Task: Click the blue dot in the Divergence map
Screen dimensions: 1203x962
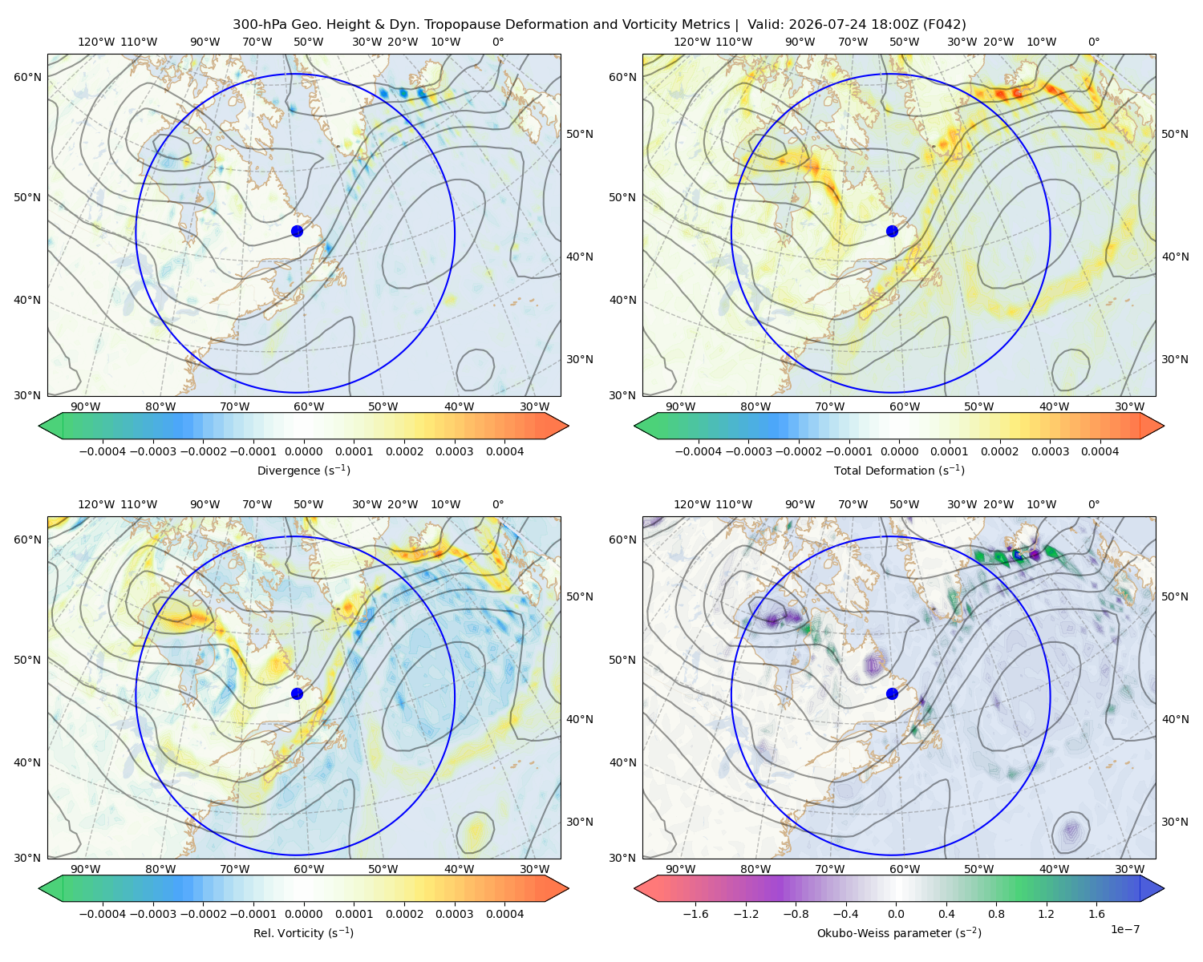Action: pyautogui.click(x=297, y=231)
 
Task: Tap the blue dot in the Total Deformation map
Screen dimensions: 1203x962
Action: pyautogui.click(x=892, y=231)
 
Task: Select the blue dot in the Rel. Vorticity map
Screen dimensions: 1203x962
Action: pyautogui.click(x=297, y=693)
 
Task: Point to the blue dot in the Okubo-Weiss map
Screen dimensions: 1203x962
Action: pyautogui.click(x=892, y=693)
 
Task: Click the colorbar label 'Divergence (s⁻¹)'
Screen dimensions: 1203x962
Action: pyautogui.click(x=303, y=470)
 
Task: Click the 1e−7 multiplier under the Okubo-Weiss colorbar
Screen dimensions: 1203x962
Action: pyautogui.click(x=1124, y=929)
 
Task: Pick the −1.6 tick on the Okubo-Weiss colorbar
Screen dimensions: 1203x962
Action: pyautogui.click(x=695, y=914)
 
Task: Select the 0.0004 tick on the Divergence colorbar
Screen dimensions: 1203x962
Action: pyautogui.click(x=504, y=451)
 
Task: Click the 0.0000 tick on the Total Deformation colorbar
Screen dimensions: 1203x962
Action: pyautogui.click(x=899, y=451)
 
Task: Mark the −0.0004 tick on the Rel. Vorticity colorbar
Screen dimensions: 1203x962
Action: pyautogui.click(x=103, y=914)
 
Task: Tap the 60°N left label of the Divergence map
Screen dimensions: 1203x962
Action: pyautogui.click(x=27, y=77)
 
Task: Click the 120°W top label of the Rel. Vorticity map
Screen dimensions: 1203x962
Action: pyautogui.click(x=96, y=504)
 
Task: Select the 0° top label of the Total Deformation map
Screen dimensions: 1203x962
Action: pyautogui.click(x=1093, y=42)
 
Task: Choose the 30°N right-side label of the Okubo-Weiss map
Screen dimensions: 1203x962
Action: pyautogui.click(x=1175, y=822)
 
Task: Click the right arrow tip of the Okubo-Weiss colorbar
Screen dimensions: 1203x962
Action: pyautogui.click(x=1164, y=888)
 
